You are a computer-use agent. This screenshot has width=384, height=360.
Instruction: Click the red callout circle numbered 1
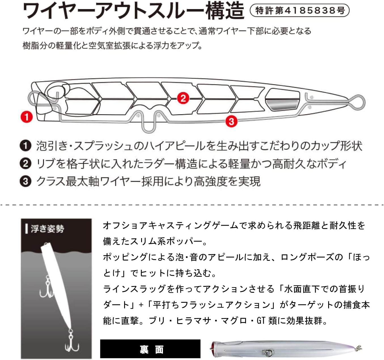27,117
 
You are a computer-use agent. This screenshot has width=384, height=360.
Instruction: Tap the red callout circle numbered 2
183,98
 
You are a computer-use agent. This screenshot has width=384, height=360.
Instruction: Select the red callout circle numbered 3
231,121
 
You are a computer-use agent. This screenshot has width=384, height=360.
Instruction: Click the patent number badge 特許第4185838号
300,11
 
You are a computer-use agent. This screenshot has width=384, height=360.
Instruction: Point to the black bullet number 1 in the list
26,146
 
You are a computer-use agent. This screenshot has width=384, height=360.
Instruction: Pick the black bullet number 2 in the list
26,164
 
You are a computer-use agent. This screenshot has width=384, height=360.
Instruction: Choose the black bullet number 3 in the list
26,181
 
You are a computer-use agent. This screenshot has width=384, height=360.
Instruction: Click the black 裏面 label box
150,349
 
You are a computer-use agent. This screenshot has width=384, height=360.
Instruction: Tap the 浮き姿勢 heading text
47,229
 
